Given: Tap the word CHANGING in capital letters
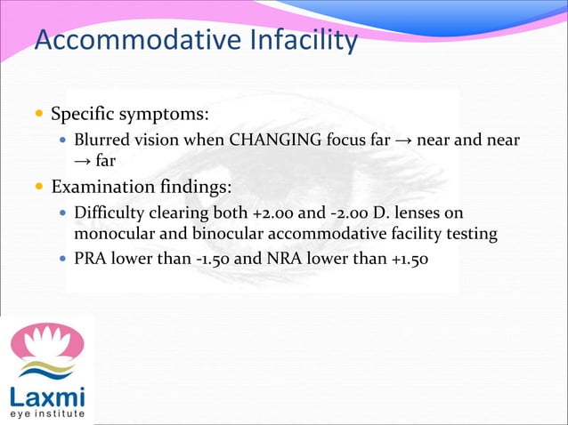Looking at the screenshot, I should pyautogui.click(x=271, y=140).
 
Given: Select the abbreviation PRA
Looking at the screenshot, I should pyautogui.click(x=91, y=260).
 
